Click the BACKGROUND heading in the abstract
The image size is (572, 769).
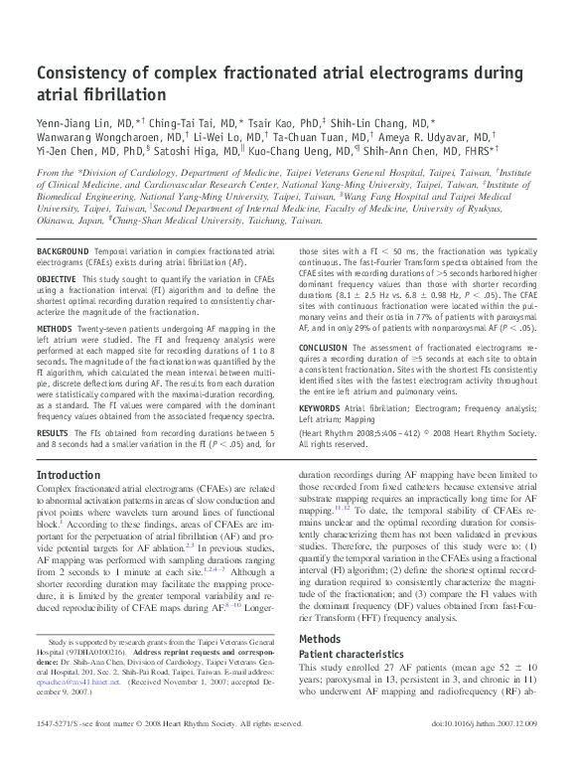[x=61, y=253]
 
